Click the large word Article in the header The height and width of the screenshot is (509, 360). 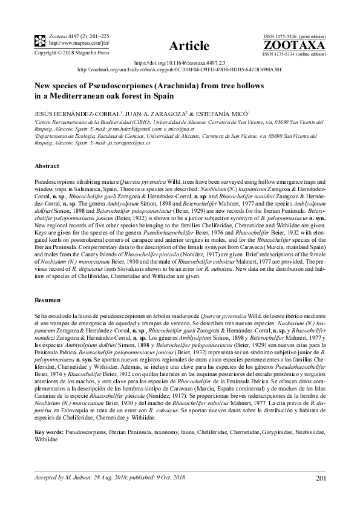click(189, 47)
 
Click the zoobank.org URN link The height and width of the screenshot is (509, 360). click(180, 70)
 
